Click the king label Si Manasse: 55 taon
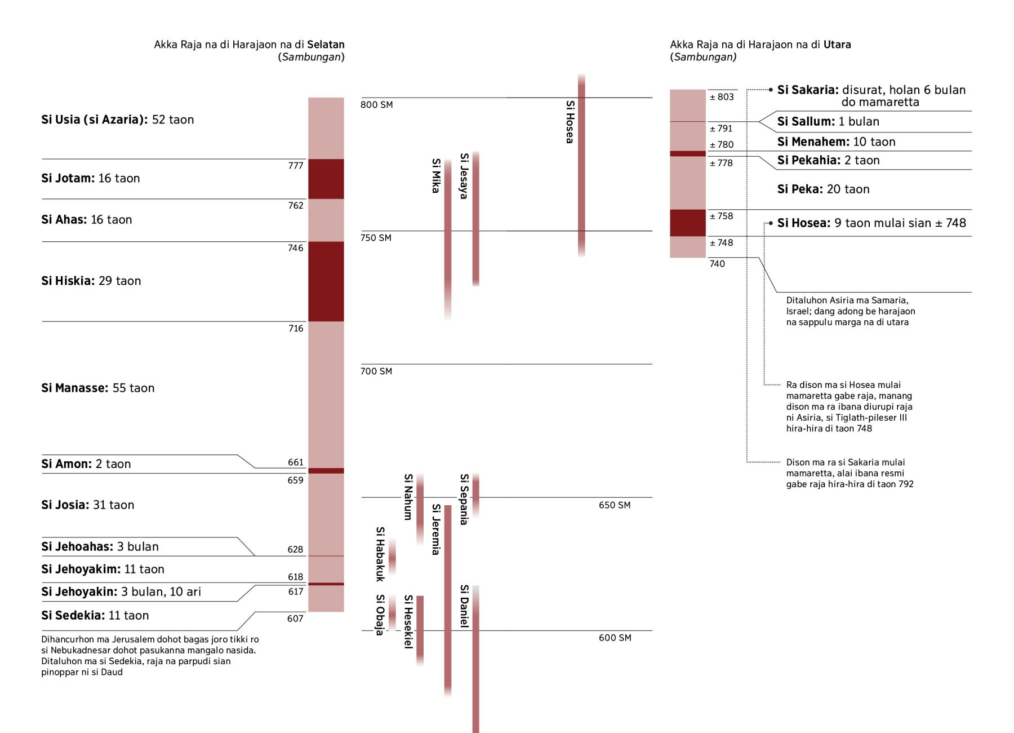point(97,388)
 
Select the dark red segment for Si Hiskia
point(326,281)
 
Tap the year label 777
point(296,166)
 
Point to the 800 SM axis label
point(376,105)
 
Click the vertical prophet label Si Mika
point(435,175)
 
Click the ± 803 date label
point(722,97)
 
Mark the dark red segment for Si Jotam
point(326,179)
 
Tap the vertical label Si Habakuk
point(380,554)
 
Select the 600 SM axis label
point(615,638)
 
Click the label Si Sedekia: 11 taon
point(95,616)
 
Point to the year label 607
point(295,619)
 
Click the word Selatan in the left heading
point(326,45)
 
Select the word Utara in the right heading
point(837,45)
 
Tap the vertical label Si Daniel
point(464,606)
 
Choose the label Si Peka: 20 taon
point(823,189)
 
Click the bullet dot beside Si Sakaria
point(771,90)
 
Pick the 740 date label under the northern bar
point(717,264)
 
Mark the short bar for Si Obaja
point(392,612)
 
